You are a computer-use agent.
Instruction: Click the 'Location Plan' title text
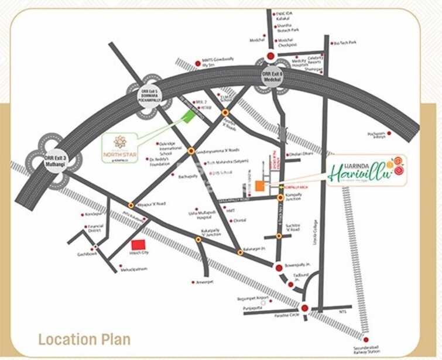click(84, 339)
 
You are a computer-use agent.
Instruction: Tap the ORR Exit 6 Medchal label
click(272, 77)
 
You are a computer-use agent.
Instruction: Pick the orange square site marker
click(259, 186)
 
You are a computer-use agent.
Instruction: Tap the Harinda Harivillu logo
click(366, 170)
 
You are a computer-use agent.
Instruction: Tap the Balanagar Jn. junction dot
click(240, 252)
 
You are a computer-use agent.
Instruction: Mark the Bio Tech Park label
click(345, 43)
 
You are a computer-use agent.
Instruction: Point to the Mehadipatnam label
click(134, 269)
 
